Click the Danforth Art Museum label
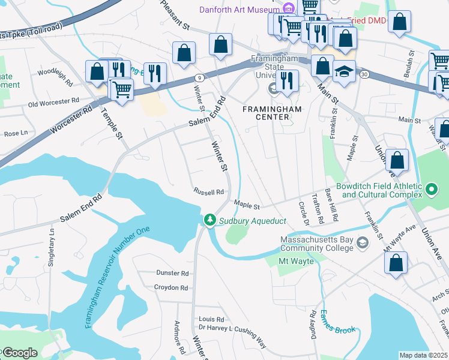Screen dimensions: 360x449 [x=240, y=9]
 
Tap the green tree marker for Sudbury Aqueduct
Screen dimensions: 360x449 [x=209, y=221]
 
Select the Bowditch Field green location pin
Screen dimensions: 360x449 [x=431, y=191]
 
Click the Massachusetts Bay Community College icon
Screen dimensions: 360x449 [x=362, y=242]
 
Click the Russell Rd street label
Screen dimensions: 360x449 [x=208, y=192]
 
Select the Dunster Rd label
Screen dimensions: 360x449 [x=172, y=273]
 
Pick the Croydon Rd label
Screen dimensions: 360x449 [x=171, y=288]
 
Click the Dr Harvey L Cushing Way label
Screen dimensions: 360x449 [x=232, y=333]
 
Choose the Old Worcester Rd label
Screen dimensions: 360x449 [x=53, y=103]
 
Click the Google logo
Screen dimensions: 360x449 [x=20, y=353]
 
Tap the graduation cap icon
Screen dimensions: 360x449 [x=344, y=71]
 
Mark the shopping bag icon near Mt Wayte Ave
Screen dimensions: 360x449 [x=396, y=263]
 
